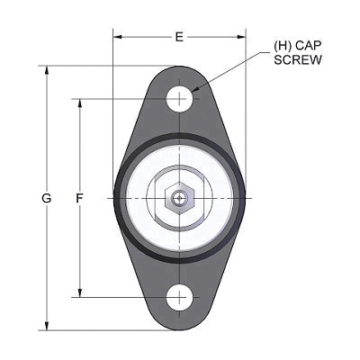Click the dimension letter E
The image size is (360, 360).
[179, 37]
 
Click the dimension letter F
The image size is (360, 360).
[79, 197]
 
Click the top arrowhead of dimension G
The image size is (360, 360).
[47, 68]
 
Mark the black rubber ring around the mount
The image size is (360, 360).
[119, 198]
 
